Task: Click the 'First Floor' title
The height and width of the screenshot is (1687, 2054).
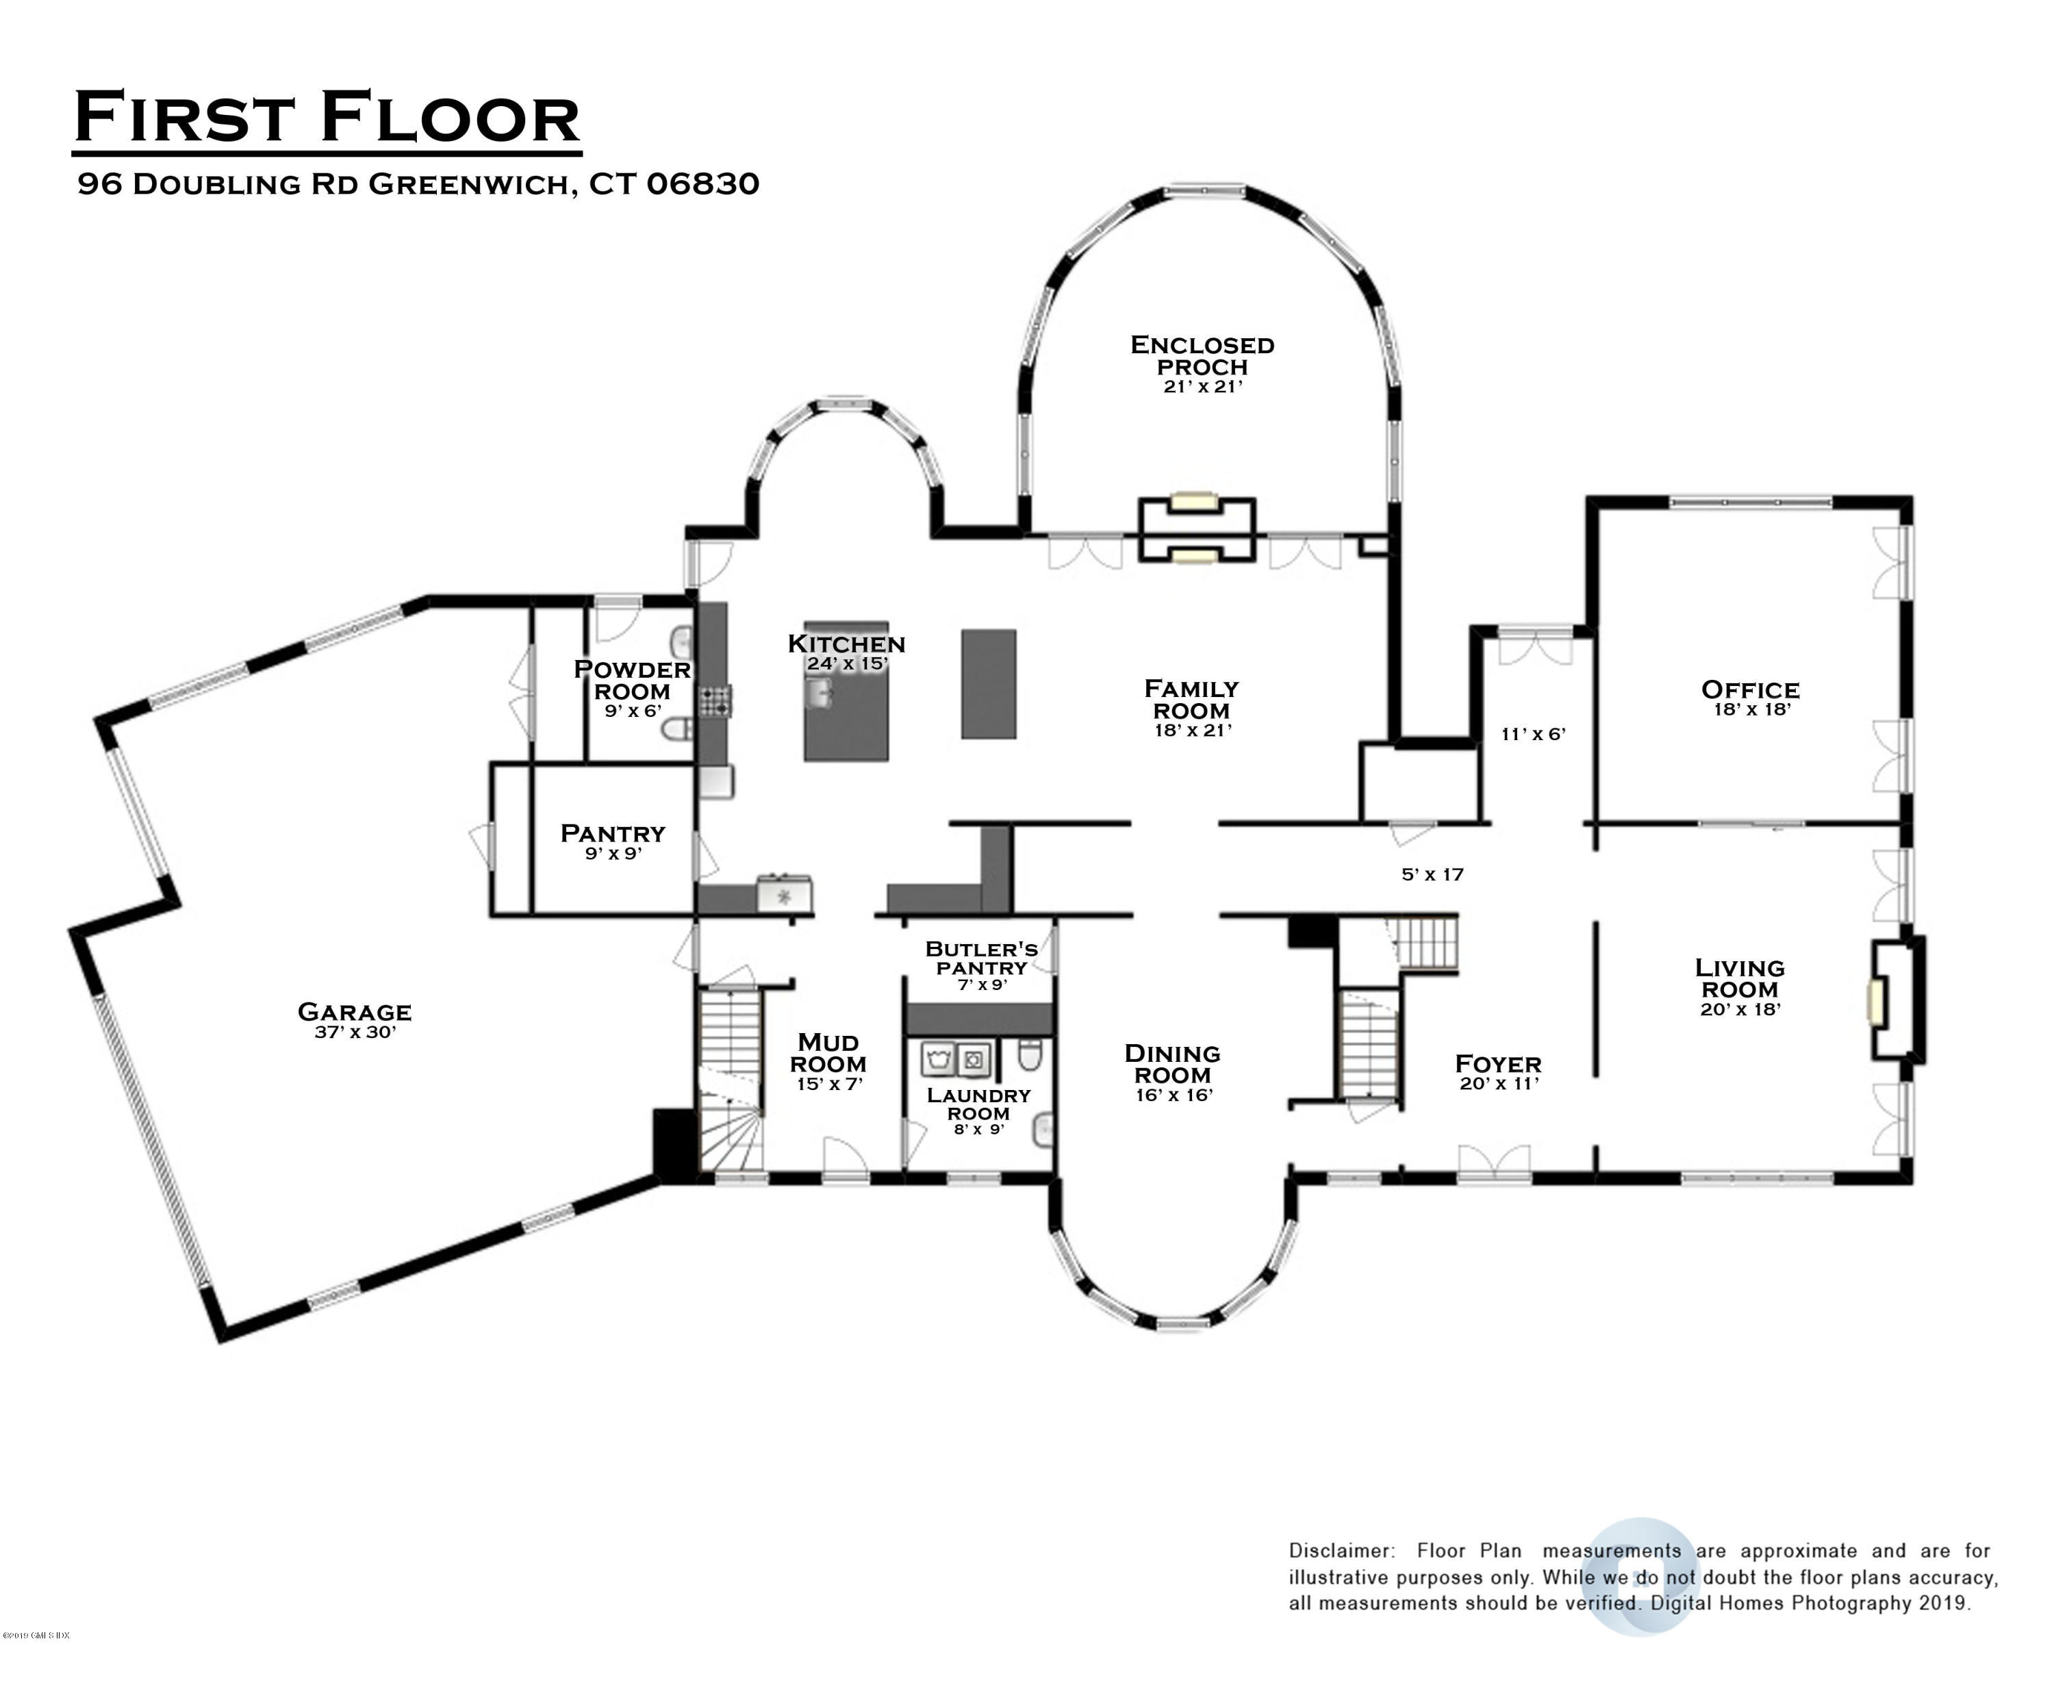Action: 327,118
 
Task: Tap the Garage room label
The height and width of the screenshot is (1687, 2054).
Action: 355,1012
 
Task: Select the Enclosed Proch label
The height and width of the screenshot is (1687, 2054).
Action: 1202,355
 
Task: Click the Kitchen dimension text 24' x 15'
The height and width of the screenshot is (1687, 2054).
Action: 847,665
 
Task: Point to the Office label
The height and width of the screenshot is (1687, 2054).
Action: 1750,690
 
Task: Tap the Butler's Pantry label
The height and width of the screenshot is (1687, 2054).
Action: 981,957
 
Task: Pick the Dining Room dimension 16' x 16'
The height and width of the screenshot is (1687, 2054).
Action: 1174,1095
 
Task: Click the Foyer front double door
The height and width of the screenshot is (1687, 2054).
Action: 1493,1164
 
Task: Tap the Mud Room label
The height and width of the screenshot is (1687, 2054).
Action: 828,1054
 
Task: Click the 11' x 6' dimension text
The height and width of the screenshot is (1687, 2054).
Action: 1533,735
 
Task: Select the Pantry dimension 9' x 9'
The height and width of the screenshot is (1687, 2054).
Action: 613,854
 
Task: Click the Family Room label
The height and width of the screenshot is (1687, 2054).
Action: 1191,699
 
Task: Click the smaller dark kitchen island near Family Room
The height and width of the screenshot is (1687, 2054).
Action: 988,684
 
